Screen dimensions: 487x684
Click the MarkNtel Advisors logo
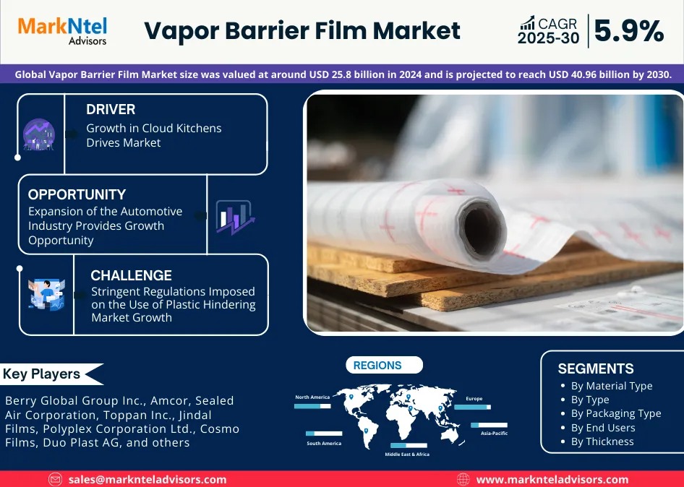click(x=62, y=30)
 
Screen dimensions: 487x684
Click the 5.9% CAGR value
click(x=628, y=31)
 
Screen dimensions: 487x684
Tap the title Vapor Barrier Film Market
click(x=302, y=31)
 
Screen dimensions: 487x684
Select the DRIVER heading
click(x=111, y=110)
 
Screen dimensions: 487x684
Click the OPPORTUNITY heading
click(x=77, y=194)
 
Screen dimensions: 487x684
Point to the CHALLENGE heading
click(x=131, y=275)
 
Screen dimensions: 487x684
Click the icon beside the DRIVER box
click(x=38, y=134)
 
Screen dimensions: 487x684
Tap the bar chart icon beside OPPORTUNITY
click(x=234, y=217)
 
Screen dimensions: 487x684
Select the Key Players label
click(x=41, y=374)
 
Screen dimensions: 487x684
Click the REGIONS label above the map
click(x=377, y=366)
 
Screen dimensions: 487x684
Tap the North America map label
click(x=312, y=397)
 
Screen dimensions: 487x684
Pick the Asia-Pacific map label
click(x=495, y=433)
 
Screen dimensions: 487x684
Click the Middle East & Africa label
click(x=407, y=454)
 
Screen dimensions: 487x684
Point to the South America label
click(x=323, y=443)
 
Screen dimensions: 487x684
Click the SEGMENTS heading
click(x=596, y=369)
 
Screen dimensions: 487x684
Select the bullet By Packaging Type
click(x=616, y=413)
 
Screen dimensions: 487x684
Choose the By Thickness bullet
click(x=602, y=441)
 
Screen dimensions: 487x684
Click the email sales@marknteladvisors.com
click(x=148, y=479)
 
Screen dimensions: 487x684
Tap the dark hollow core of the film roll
click(x=483, y=229)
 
